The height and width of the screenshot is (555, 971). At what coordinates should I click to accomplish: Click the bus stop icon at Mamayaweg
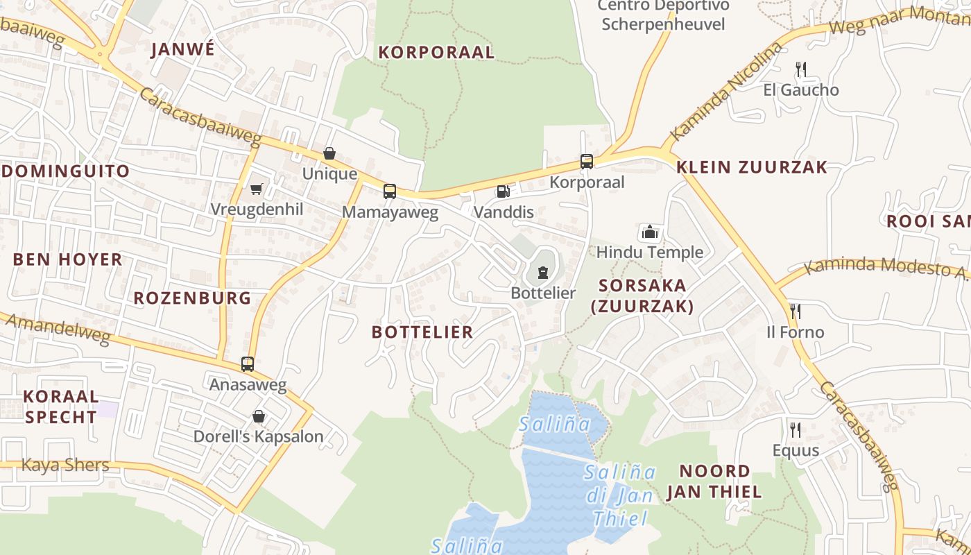coord(390,191)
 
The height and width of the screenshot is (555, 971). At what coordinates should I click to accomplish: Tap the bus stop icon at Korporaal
coord(587,162)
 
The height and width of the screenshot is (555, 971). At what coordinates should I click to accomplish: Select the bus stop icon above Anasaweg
coord(248,364)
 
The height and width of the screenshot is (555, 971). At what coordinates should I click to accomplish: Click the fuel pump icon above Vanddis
coord(504,191)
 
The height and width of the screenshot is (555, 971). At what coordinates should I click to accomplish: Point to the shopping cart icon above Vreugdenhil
coord(257,189)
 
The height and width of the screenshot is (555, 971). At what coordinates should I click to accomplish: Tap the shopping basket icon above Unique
coord(329,153)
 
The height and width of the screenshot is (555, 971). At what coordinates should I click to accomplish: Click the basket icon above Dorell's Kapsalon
coord(259,416)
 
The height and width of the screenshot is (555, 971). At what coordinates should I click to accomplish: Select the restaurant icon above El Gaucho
coord(801,69)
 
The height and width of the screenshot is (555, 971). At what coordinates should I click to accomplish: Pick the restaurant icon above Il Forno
coord(795,311)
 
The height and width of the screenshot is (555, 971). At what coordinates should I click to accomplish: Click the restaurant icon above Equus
coord(796,429)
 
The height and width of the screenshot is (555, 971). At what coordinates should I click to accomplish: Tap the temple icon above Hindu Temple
coord(650,232)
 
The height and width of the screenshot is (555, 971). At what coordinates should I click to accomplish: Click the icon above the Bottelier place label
coord(543,272)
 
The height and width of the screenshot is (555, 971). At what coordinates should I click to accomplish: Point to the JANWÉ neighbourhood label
coord(183,49)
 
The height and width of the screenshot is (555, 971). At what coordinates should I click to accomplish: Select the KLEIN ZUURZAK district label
coord(752,166)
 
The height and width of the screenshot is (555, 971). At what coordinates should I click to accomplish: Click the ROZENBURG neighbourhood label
coord(192,298)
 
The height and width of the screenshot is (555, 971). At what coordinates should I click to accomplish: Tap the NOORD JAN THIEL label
coord(714,481)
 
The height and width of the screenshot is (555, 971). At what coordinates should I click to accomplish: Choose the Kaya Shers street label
coord(65,465)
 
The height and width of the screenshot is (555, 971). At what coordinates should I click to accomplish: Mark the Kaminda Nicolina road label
coord(728,92)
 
